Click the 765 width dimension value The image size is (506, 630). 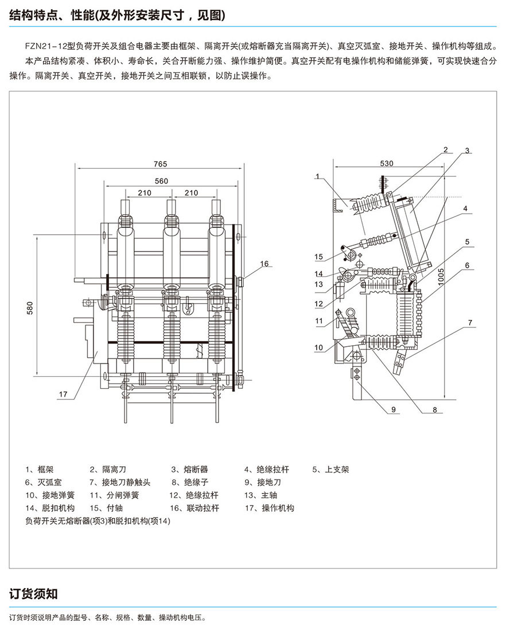161,164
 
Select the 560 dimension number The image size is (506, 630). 161,181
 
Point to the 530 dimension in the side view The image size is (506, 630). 387,164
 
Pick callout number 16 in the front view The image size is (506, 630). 264,264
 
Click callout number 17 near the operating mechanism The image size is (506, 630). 63,394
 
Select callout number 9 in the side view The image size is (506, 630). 394,409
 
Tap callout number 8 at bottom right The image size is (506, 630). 435,409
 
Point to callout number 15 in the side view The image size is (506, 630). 319,256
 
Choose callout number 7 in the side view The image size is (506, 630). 470,323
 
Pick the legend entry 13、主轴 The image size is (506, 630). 260,495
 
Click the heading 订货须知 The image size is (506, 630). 34,594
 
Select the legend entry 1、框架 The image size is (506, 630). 39,469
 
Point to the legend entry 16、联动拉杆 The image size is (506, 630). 194,508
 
